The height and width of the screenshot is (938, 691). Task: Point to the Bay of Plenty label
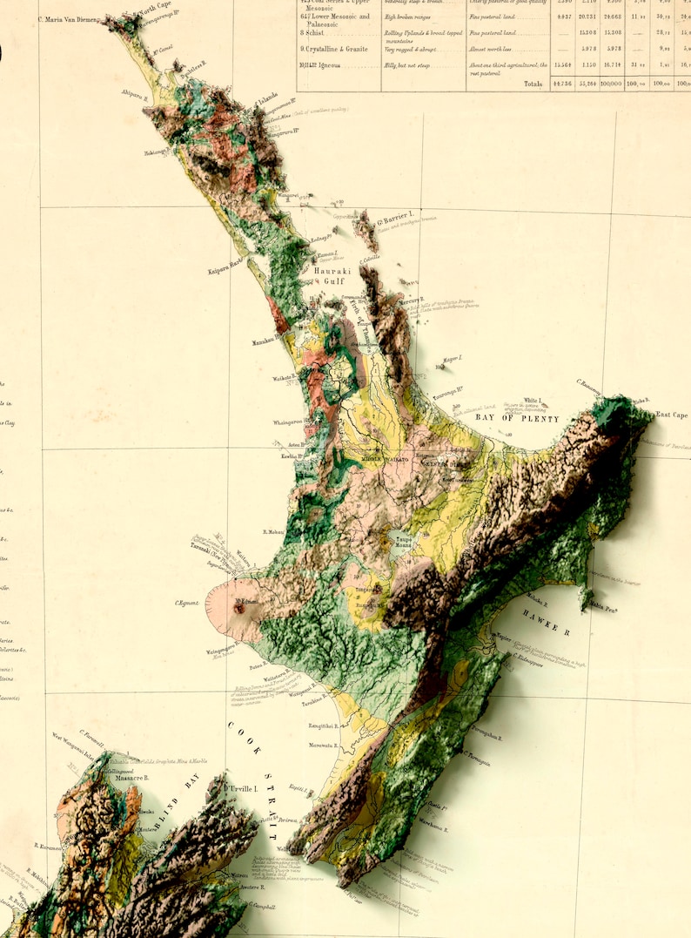[518, 418]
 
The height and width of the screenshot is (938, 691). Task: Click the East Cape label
[672, 415]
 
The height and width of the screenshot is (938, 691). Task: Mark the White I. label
[533, 401]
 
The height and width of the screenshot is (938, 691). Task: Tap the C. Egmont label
[188, 603]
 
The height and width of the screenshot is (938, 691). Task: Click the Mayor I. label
[453, 359]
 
